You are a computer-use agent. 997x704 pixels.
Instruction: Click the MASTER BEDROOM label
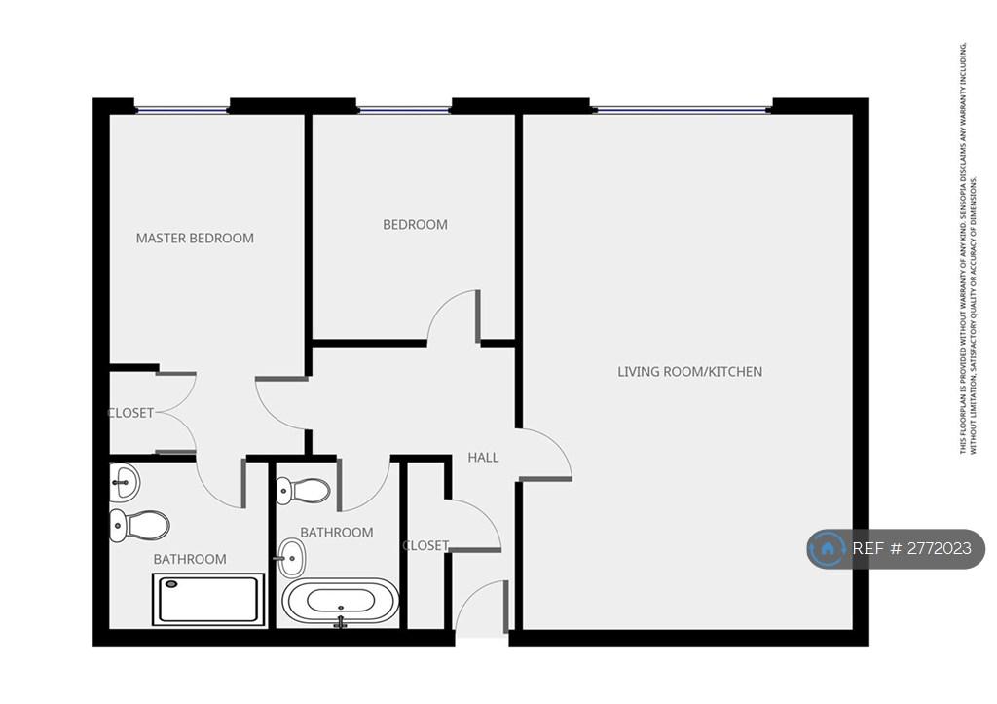195,238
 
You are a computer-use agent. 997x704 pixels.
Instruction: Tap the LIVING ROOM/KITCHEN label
690,371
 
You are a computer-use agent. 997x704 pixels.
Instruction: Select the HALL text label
483,458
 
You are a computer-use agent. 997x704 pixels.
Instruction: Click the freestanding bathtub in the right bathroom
341,601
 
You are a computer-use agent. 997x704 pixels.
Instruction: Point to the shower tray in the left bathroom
208,600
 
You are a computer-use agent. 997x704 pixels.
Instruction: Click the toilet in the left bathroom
139,525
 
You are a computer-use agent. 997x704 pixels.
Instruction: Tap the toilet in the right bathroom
304,491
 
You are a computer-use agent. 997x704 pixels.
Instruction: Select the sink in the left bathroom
124,481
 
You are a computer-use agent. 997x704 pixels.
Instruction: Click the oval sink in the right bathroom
291,558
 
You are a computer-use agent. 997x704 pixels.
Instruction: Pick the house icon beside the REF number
828,548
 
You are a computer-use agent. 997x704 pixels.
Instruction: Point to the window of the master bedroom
182,110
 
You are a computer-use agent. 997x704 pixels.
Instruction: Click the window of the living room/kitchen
681,110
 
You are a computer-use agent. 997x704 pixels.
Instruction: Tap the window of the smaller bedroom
404,110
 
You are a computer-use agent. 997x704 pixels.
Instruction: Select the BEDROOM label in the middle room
415,225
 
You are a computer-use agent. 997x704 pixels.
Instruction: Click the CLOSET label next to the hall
426,545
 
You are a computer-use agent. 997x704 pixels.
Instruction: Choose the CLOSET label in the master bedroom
131,413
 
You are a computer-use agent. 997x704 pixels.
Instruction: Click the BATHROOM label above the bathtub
337,533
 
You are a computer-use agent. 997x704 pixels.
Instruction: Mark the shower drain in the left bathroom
171,584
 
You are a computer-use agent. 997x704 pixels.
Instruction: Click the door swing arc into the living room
557,443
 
